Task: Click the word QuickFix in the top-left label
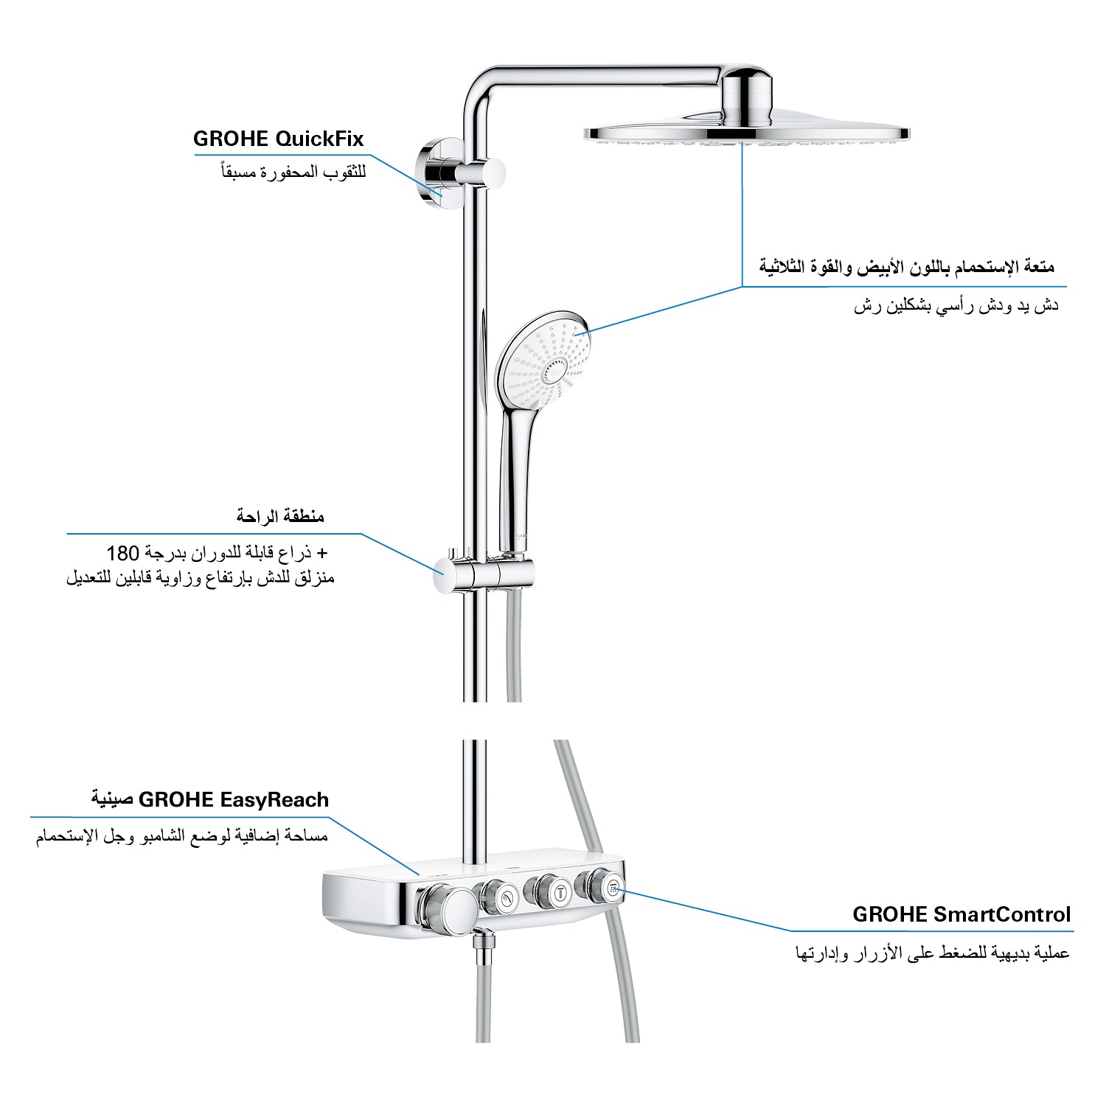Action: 320,139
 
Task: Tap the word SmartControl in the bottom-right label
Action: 1001,915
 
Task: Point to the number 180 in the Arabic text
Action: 122,553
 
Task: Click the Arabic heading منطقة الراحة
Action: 280,516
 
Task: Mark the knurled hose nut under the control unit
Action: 483,945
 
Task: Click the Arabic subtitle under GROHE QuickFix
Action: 294,173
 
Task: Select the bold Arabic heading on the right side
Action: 907,266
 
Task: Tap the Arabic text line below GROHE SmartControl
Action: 933,953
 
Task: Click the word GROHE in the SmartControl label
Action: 889,915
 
